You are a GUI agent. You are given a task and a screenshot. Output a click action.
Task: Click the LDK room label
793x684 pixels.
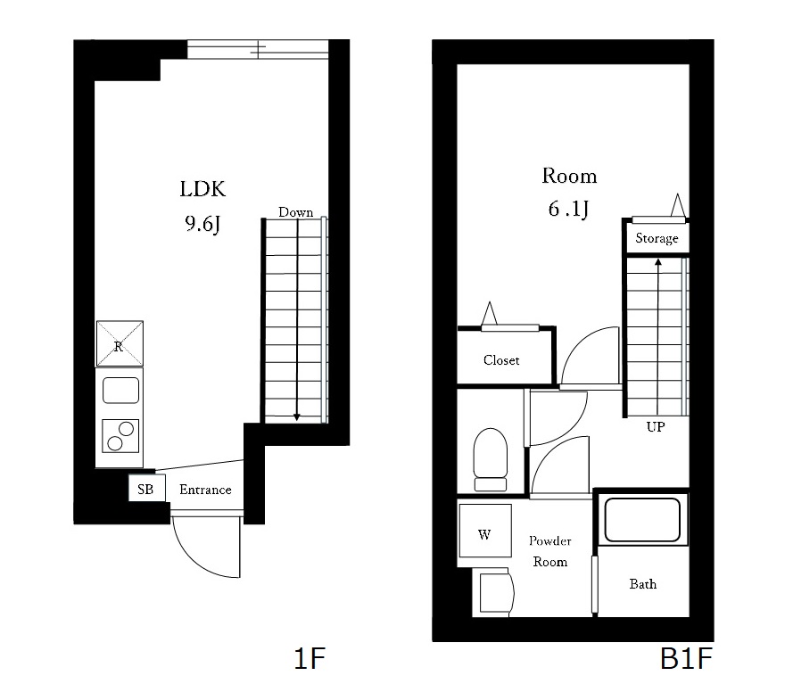202,189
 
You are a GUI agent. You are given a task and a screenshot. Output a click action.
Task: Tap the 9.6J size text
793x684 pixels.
202,224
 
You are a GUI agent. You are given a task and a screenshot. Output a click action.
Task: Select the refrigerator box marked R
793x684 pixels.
119,343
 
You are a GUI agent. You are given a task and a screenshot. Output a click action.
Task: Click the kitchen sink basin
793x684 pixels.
120,391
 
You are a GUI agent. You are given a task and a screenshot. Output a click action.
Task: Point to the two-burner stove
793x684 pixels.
120,437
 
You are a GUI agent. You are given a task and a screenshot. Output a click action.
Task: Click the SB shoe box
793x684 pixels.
145,490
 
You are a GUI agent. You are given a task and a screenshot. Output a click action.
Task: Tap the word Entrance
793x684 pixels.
205,490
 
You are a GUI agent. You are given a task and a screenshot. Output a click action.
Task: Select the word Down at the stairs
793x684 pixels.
295,212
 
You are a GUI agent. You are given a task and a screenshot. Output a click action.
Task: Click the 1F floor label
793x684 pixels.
311,660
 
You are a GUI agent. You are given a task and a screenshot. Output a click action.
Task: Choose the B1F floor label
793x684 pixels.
686,660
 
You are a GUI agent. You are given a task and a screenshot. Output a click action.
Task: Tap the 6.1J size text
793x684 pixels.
569,210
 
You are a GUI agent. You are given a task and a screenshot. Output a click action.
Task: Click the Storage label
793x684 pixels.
657,238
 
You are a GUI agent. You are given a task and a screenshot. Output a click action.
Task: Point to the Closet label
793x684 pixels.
501,360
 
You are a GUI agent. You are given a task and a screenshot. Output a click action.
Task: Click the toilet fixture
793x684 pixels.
490,459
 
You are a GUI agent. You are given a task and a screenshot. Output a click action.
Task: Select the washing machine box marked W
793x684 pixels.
484,535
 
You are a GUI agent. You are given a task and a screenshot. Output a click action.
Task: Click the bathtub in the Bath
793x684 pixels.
642,521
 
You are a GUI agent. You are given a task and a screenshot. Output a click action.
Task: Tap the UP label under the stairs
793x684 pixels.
656,427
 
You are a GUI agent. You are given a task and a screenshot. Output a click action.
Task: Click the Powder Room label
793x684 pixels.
549,551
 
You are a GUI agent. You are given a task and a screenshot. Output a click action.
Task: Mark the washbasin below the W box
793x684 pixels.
496,591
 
